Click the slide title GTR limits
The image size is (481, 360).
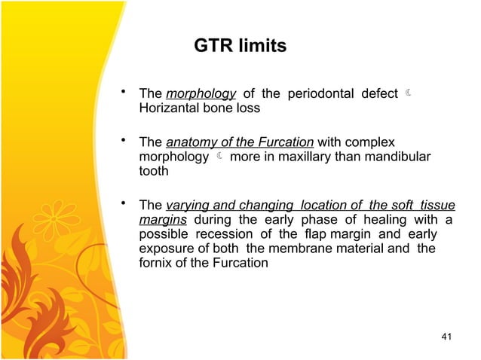(x=240, y=47)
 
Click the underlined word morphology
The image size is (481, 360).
(x=200, y=94)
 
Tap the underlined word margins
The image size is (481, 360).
(x=163, y=219)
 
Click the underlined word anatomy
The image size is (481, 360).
(x=188, y=142)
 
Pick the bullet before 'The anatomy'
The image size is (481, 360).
(x=123, y=141)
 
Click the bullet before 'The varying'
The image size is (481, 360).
(x=123, y=204)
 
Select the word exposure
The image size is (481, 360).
(x=166, y=248)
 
